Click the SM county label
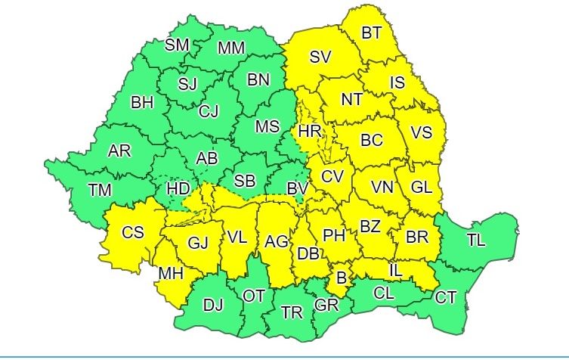pos(177,45)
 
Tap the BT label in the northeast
pos(371,33)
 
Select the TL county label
pos(476,241)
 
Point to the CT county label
pos(446,297)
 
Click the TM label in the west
pos(99,190)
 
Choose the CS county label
pos(133,233)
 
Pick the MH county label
pos(169,273)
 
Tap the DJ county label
pos(214,306)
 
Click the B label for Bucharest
pos(341,278)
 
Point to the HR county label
pos(310,132)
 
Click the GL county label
pos(422,186)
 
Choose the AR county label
pos(119,151)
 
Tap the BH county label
pos(141,102)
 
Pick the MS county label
pos(267,127)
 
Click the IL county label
pos(395,269)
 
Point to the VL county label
pos(237,237)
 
